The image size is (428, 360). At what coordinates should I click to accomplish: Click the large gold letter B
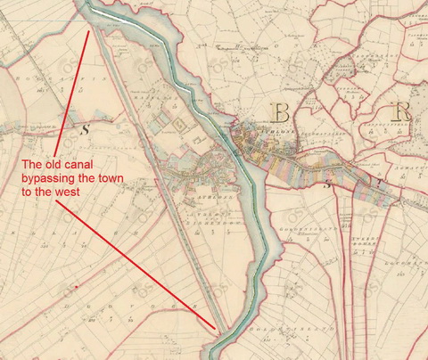[280, 112]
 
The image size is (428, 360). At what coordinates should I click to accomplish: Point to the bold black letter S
[86, 129]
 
